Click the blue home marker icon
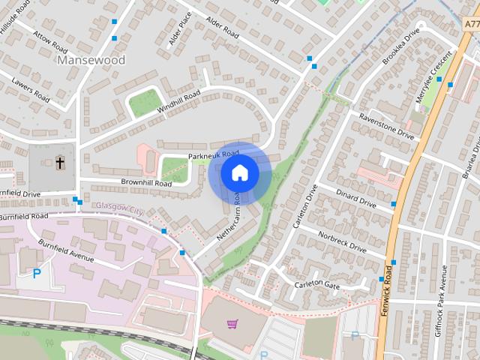pos(239,173)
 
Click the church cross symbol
pos(60,162)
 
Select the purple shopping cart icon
pos(232,324)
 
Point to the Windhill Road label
pos(178,103)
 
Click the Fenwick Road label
pos(388,289)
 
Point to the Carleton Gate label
pos(317,284)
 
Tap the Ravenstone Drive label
pos(386,125)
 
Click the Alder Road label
pos(221,29)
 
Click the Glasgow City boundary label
pos(119,208)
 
